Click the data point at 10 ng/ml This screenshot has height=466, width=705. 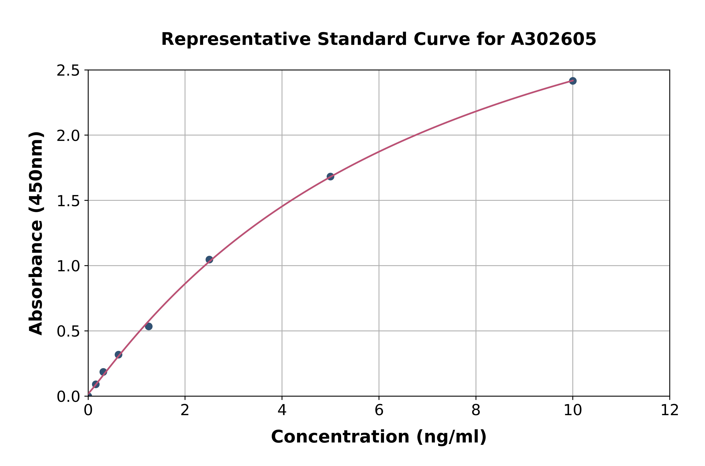(x=573, y=81)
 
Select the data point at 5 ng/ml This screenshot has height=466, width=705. (x=330, y=177)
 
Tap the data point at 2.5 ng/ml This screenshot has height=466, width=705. (x=209, y=260)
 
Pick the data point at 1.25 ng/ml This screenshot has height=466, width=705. (x=149, y=327)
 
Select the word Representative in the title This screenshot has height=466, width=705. (x=236, y=39)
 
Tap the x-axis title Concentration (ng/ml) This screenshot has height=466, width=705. (x=379, y=437)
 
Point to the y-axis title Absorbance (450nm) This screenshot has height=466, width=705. (x=36, y=233)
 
